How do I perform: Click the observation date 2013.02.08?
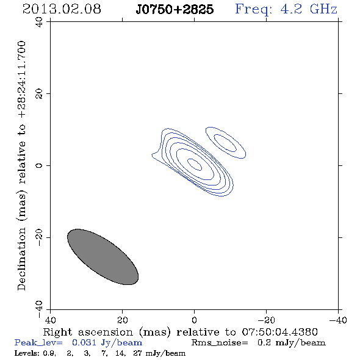coord(62,9)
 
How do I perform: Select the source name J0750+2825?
coord(175,9)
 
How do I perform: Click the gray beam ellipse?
coord(103,257)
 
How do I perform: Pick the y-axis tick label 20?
coord(39,94)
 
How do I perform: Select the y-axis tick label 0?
coord(39,165)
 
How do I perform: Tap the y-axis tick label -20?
coord(39,237)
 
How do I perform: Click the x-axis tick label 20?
coord(123,320)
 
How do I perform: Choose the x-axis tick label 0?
coord(195,320)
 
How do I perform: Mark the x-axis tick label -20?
coord(266,320)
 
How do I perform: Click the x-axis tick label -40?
coord(338,320)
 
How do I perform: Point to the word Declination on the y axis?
coord(21,259)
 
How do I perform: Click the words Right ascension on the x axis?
coord(88,332)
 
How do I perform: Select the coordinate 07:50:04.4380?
coord(279,332)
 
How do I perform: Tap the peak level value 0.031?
coord(84,342)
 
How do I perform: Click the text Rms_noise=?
coord(220,343)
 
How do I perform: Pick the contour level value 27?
coord(137,353)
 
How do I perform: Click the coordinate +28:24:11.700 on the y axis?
coord(22,79)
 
